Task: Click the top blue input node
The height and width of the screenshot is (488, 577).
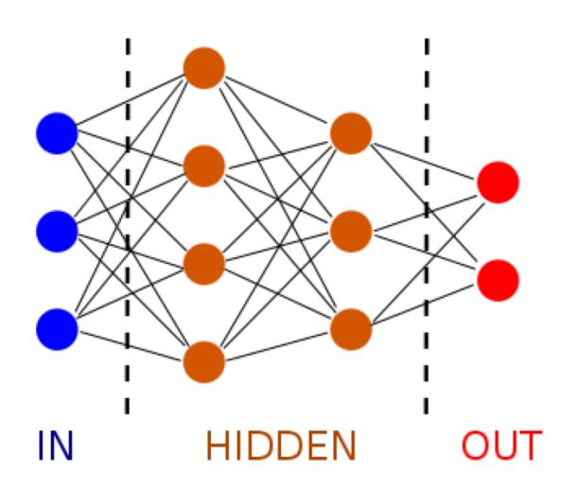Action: tap(57, 132)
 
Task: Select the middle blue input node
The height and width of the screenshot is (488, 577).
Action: tap(57, 230)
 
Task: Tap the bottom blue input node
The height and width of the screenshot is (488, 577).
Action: tap(57, 328)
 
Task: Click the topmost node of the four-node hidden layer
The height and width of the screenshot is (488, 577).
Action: tap(204, 68)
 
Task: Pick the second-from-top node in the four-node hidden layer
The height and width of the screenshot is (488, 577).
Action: tap(204, 166)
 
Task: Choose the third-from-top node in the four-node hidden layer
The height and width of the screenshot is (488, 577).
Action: tap(204, 263)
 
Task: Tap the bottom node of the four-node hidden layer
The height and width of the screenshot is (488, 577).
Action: tap(204, 360)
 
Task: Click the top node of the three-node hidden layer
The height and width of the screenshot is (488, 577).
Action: tap(351, 132)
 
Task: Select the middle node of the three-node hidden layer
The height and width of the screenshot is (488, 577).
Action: tap(351, 230)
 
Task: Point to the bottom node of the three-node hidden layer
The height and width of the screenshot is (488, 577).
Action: tap(351, 328)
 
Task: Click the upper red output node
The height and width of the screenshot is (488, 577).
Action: tap(498, 182)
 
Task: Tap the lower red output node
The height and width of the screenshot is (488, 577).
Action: tap(498, 280)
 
